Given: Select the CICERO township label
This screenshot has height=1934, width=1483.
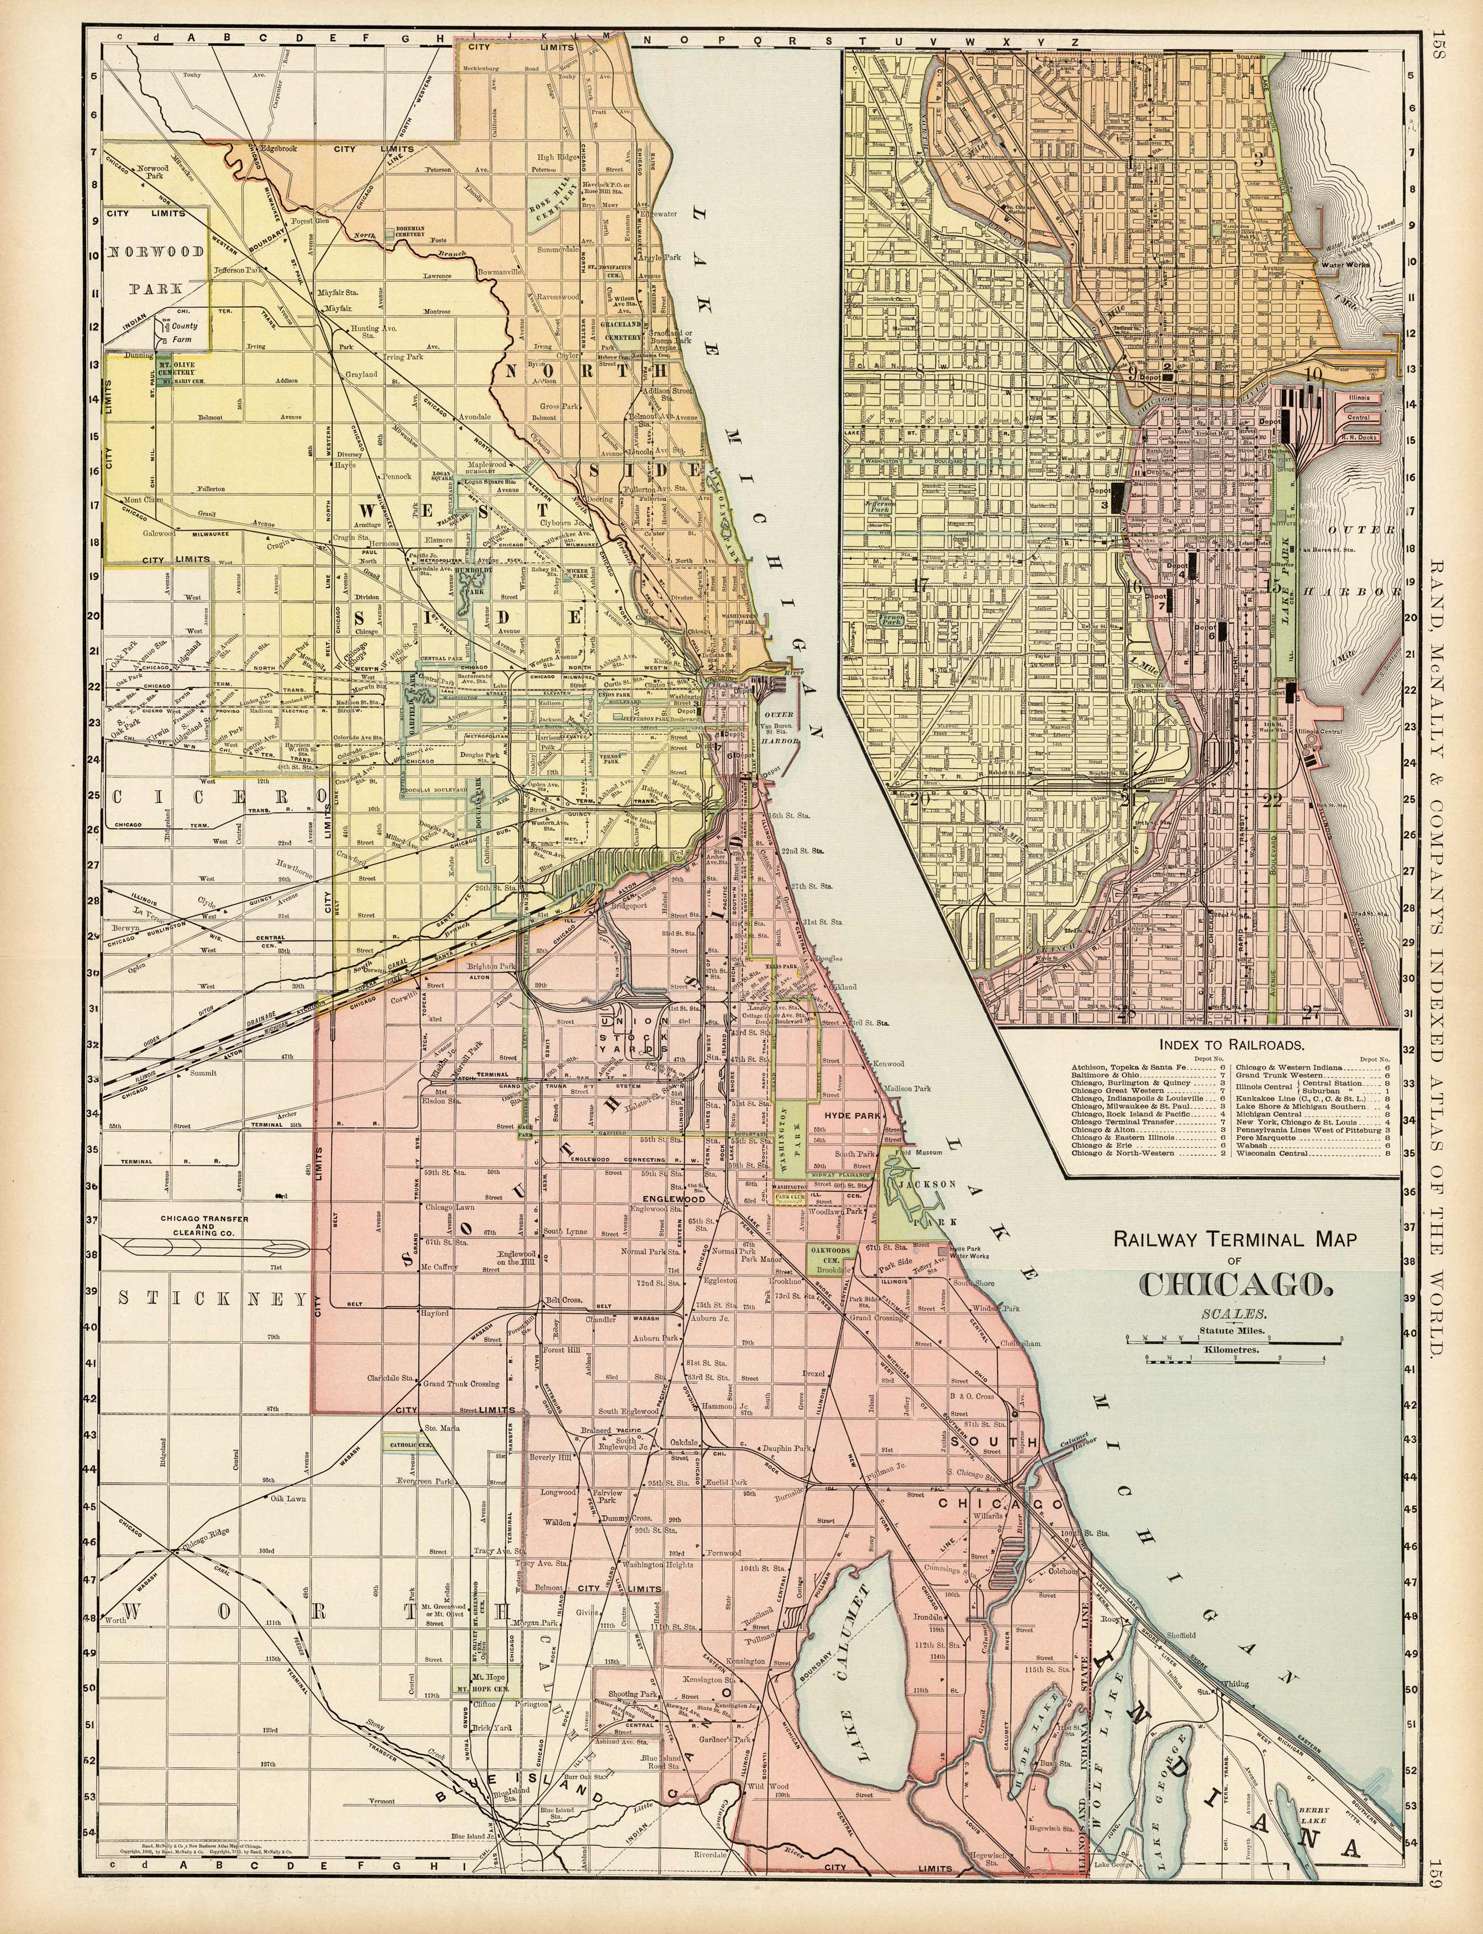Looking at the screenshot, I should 212,797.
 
